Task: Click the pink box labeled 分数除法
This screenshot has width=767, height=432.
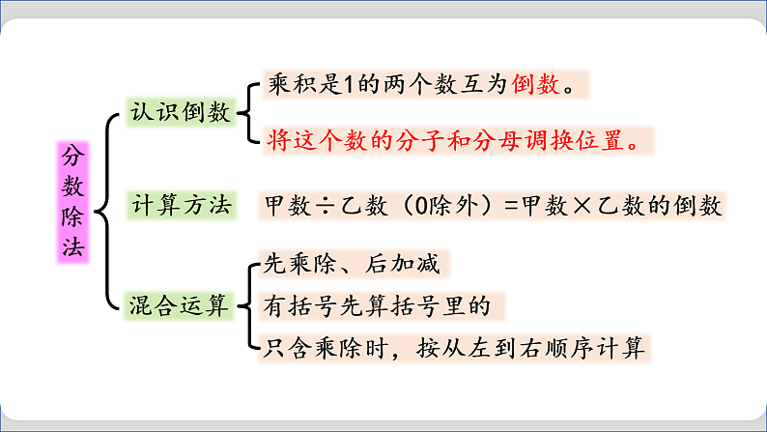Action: (72, 202)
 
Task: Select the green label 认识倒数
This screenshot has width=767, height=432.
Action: (182, 112)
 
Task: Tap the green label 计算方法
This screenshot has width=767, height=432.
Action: (182, 205)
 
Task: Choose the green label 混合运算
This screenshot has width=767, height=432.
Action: (182, 307)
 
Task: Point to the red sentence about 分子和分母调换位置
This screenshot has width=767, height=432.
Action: (453, 141)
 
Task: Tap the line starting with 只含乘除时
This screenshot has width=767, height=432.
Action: (453, 348)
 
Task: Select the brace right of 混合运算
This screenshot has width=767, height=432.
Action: (246, 305)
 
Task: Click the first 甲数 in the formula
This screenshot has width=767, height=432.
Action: (286, 206)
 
